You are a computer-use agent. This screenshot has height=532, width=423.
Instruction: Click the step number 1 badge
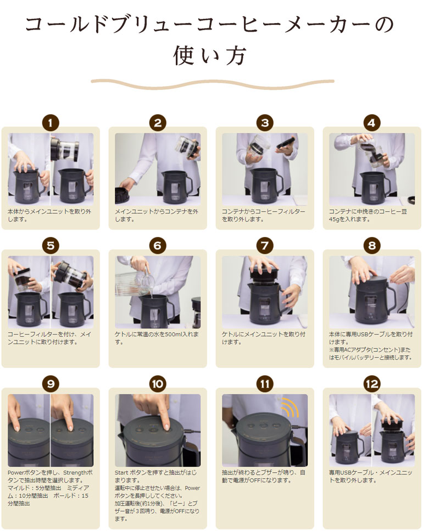(51, 123)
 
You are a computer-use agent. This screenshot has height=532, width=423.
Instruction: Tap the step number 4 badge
(372, 123)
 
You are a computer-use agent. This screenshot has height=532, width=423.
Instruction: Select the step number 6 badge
(158, 246)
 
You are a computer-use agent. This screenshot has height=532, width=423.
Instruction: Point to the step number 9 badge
(51, 384)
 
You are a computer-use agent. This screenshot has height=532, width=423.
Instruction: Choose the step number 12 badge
(372, 384)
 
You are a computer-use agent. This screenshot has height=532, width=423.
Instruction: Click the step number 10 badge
(158, 384)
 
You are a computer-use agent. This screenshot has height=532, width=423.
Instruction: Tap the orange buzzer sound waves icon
(290, 407)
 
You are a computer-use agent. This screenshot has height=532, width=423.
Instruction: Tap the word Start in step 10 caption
(121, 473)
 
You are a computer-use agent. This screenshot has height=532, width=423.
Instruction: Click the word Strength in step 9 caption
(75, 473)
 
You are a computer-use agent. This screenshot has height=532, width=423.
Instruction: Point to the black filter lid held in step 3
(287, 143)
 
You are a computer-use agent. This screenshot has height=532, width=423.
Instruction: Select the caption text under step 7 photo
(264, 338)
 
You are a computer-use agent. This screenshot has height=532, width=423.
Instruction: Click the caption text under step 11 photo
(264, 477)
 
